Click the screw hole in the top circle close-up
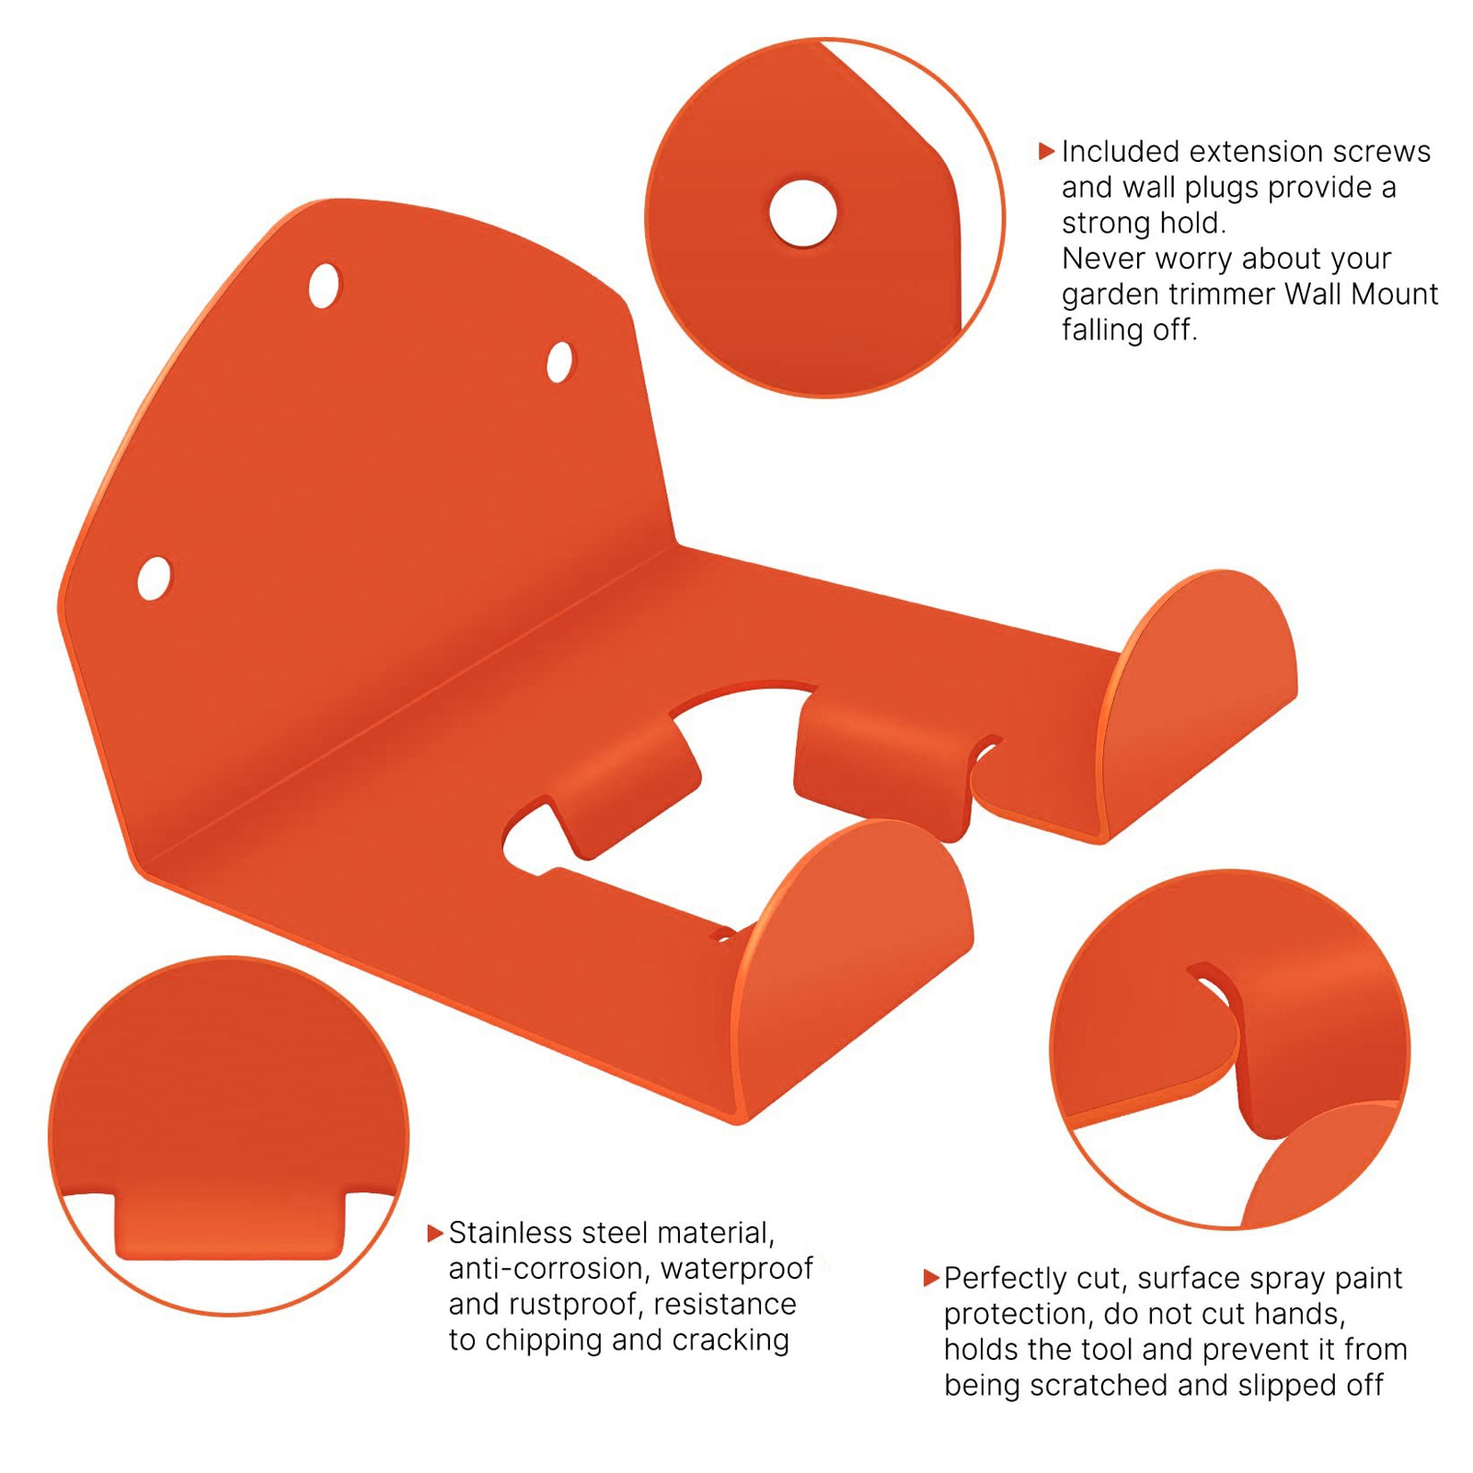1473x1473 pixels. [x=803, y=213]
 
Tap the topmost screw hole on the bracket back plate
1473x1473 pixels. [x=324, y=286]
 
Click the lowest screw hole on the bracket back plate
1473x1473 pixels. [x=155, y=578]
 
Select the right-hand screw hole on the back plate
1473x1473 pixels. [x=559, y=362]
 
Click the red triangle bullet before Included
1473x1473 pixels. [x=1046, y=151]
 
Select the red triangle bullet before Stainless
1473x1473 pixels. [x=435, y=1233]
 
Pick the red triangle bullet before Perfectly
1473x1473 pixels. [x=930, y=1278]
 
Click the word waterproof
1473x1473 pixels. [x=737, y=1269]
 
